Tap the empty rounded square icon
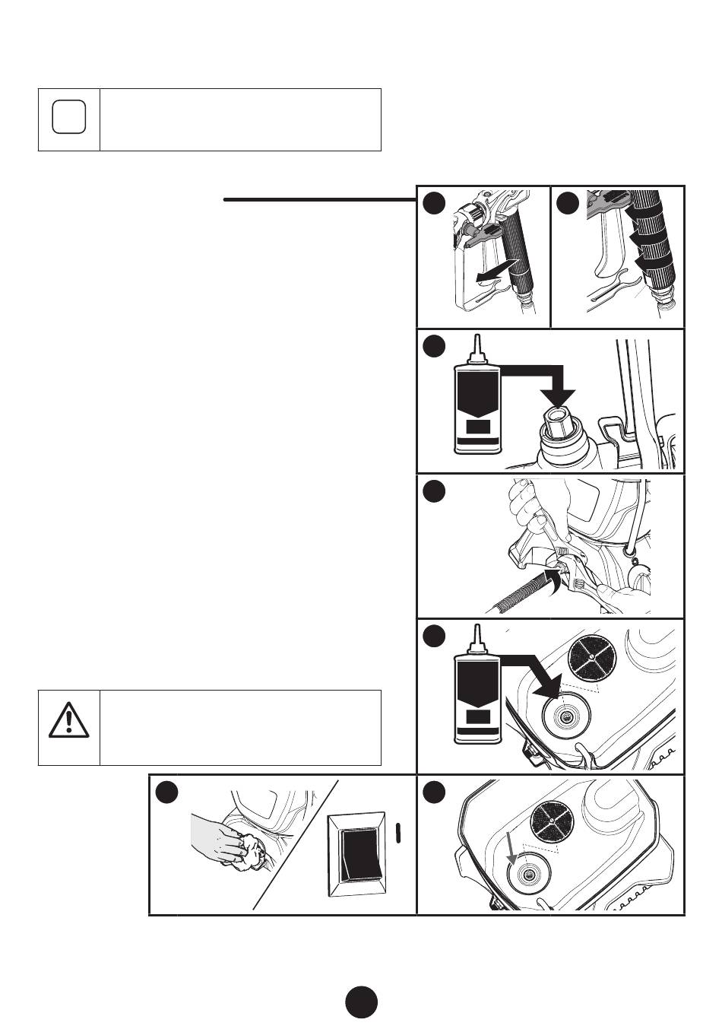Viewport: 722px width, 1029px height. (68, 118)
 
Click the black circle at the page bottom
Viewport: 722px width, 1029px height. (361, 1002)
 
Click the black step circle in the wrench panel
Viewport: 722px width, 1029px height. (434, 491)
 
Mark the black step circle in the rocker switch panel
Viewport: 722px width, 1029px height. (166, 792)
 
